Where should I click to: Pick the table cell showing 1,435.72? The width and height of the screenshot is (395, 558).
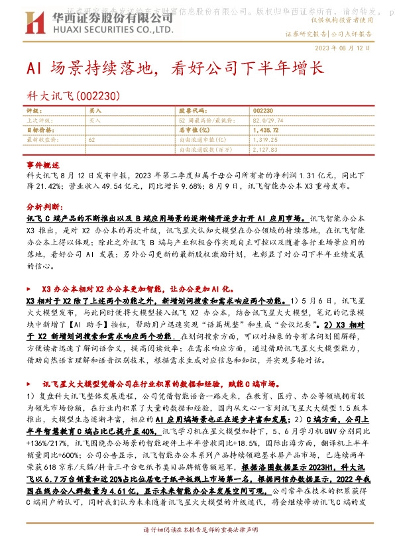(x=266, y=131)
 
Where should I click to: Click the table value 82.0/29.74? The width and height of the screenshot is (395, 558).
(x=266, y=121)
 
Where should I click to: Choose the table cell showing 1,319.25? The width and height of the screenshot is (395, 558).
(x=266, y=140)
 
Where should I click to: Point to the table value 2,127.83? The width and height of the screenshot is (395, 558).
(x=266, y=150)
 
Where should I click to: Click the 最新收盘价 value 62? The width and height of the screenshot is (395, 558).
(x=91, y=140)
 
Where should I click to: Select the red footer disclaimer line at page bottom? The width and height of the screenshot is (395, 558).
(x=197, y=549)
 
